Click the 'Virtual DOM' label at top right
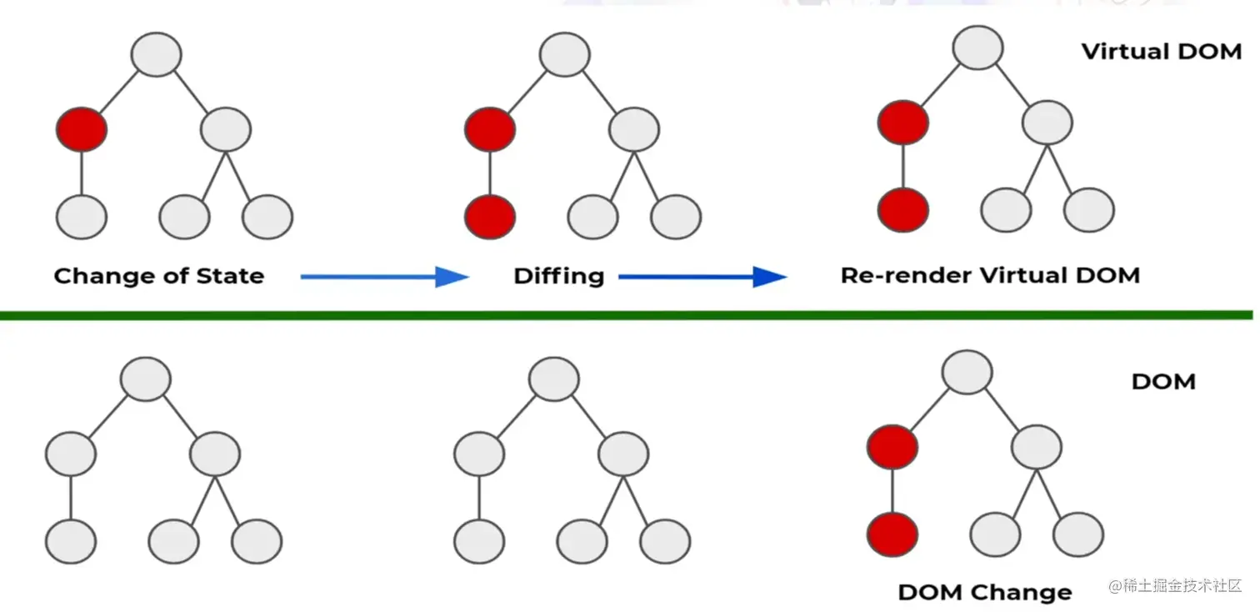[x=1162, y=51]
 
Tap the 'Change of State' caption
[x=159, y=276]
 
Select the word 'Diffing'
[x=559, y=276]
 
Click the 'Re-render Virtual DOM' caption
[x=990, y=275]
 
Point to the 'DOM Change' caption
[x=985, y=592]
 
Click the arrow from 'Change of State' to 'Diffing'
[x=385, y=277]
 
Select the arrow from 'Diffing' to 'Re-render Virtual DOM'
[x=702, y=277]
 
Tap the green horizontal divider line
[x=627, y=315]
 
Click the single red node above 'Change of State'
[x=82, y=129]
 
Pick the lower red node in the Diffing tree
[x=490, y=217]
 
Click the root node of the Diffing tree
[x=565, y=54]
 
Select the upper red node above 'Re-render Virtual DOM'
[x=903, y=123]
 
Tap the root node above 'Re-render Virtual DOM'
[x=977, y=48]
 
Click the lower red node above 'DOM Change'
[x=892, y=534]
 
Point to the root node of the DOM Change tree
[x=967, y=372]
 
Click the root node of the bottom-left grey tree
[x=146, y=379]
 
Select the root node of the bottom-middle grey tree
[x=554, y=379]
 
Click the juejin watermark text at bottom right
[x=1175, y=585]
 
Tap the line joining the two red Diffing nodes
[x=490, y=173]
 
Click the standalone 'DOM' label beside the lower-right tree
[x=1164, y=382]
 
